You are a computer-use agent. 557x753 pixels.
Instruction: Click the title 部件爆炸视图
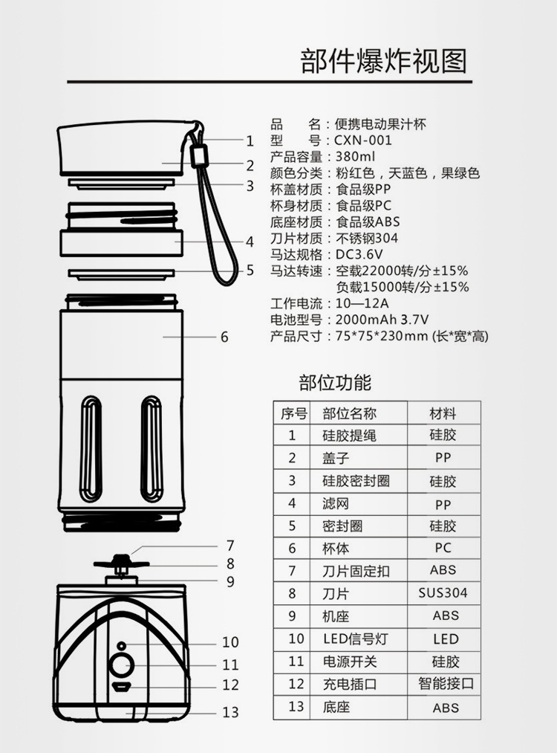(384, 61)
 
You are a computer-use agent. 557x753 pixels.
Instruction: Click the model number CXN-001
(364, 140)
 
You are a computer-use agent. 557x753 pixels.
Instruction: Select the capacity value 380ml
(356, 157)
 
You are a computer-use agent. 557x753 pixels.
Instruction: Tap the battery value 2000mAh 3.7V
(382, 320)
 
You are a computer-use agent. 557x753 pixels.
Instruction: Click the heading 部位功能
(335, 383)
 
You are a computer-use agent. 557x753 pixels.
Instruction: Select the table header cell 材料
(443, 413)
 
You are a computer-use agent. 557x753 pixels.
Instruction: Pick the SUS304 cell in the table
(443, 593)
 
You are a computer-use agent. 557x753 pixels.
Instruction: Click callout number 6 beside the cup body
(224, 337)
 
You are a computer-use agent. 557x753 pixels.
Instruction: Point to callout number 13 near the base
(231, 712)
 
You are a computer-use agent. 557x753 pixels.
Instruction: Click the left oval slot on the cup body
(91, 447)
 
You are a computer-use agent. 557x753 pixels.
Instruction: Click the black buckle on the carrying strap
(198, 157)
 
